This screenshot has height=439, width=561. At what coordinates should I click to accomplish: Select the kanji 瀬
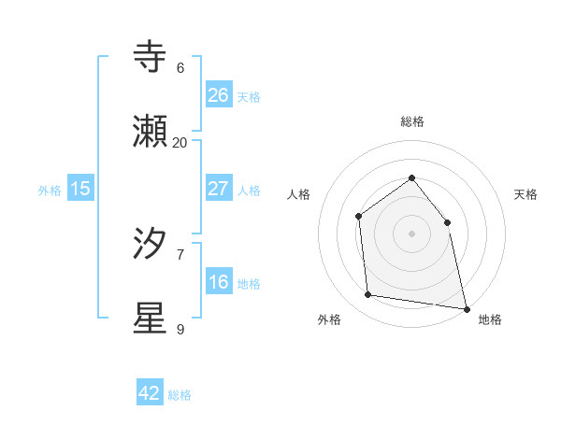[151, 132]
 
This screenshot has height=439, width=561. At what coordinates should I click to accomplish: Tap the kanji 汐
[151, 244]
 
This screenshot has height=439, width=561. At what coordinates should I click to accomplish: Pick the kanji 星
[151, 318]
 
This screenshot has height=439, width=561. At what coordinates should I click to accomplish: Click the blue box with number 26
[218, 94]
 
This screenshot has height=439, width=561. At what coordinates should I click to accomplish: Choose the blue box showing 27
[218, 188]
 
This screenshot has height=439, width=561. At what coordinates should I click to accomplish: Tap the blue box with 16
[218, 282]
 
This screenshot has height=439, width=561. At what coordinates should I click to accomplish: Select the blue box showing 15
[80, 189]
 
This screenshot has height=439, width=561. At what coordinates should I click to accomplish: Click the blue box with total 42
[150, 393]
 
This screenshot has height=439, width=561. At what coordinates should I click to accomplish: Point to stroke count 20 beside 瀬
[180, 142]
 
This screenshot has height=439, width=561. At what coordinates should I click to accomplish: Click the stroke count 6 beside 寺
[180, 67]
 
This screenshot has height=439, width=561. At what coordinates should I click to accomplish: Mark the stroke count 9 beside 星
[180, 329]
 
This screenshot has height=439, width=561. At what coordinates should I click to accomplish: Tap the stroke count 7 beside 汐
[180, 254]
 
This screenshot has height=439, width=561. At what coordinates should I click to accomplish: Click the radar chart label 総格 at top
[411, 121]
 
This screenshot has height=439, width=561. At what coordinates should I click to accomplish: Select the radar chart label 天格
[525, 194]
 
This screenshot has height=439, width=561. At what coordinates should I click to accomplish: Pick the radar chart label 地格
[489, 319]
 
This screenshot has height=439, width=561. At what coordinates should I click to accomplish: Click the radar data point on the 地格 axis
[466, 308]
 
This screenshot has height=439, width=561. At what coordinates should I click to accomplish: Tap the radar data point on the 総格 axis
[411, 177]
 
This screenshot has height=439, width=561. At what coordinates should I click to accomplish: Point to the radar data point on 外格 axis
[368, 295]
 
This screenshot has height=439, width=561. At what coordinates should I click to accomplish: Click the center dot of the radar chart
[411, 234]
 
